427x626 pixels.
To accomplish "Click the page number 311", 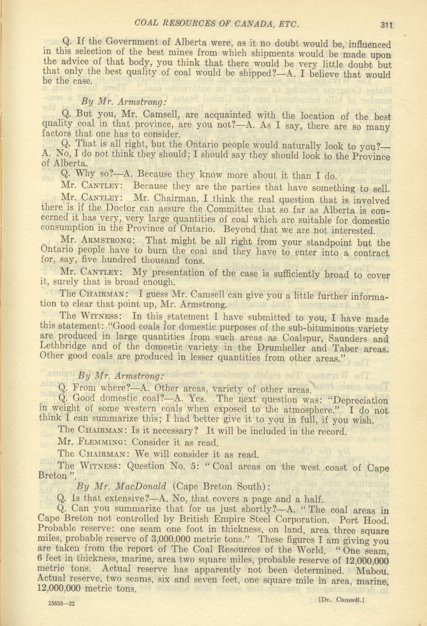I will point(386,25).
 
